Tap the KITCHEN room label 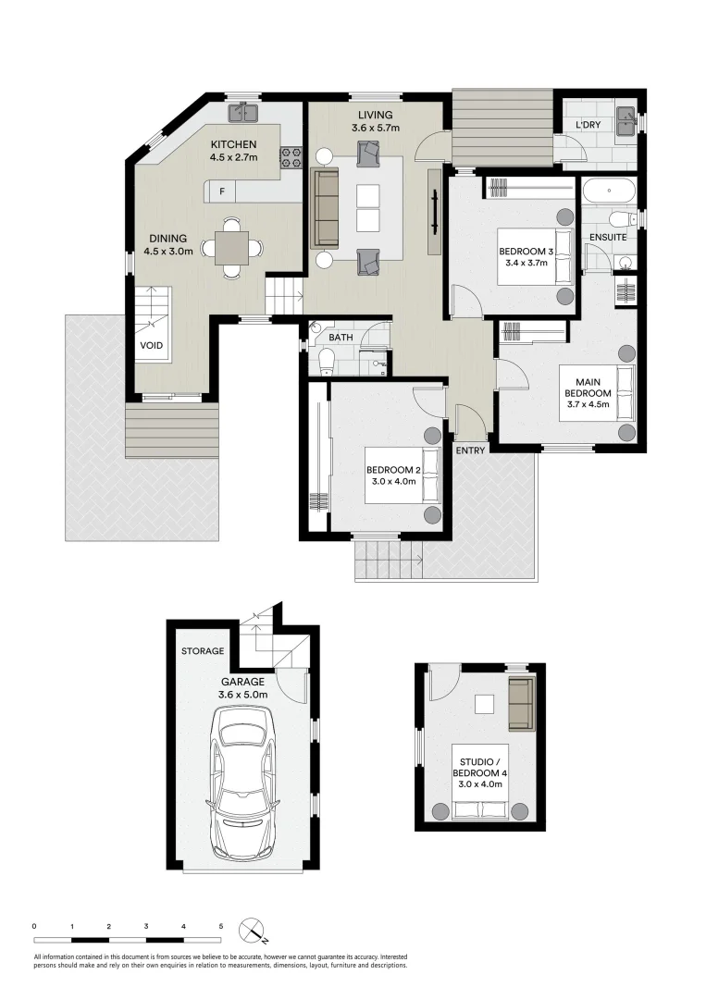click(x=233, y=144)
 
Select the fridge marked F click(x=222, y=191)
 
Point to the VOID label click(x=152, y=346)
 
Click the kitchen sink click(x=245, y=113)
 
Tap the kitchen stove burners click(x=292, y=157)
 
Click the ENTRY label click(x=470, y=450)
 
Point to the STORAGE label click(x=203, y=651)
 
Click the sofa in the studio click(x=521, y=702)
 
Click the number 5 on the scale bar click(x=221, y=925)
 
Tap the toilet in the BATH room click(x=324, y=361)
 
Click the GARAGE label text click(x=243, y=682)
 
